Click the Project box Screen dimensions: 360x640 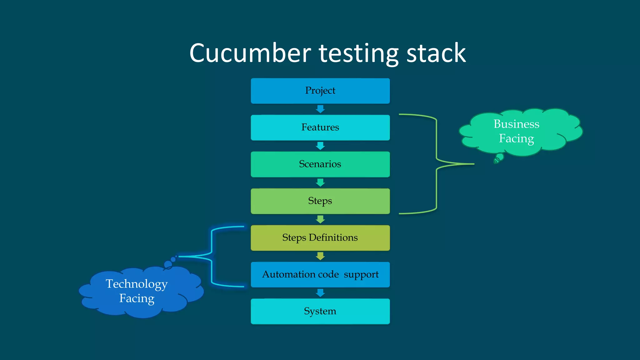pos(320,91)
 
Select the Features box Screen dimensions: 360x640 pos(320,127)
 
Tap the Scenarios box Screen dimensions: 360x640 pos(320,164)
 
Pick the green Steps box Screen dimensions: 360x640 pos(320,201)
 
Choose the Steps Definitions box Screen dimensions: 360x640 pos(320,238)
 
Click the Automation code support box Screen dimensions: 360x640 pos(320,274)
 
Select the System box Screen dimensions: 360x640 pos(320,311)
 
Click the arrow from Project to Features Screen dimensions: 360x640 pos(320,109)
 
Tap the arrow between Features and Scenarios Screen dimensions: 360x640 pos(320,146)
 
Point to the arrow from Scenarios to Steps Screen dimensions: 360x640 pos(320,182)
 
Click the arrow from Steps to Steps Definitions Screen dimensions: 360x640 pos(320,219)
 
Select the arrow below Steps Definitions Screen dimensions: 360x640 pos(320,256)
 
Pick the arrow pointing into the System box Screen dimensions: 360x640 pos(320,293)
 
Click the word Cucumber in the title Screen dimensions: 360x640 pos(250,53)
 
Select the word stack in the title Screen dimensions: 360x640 pos(436,53)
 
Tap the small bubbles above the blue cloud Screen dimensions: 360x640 pos(170,262)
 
